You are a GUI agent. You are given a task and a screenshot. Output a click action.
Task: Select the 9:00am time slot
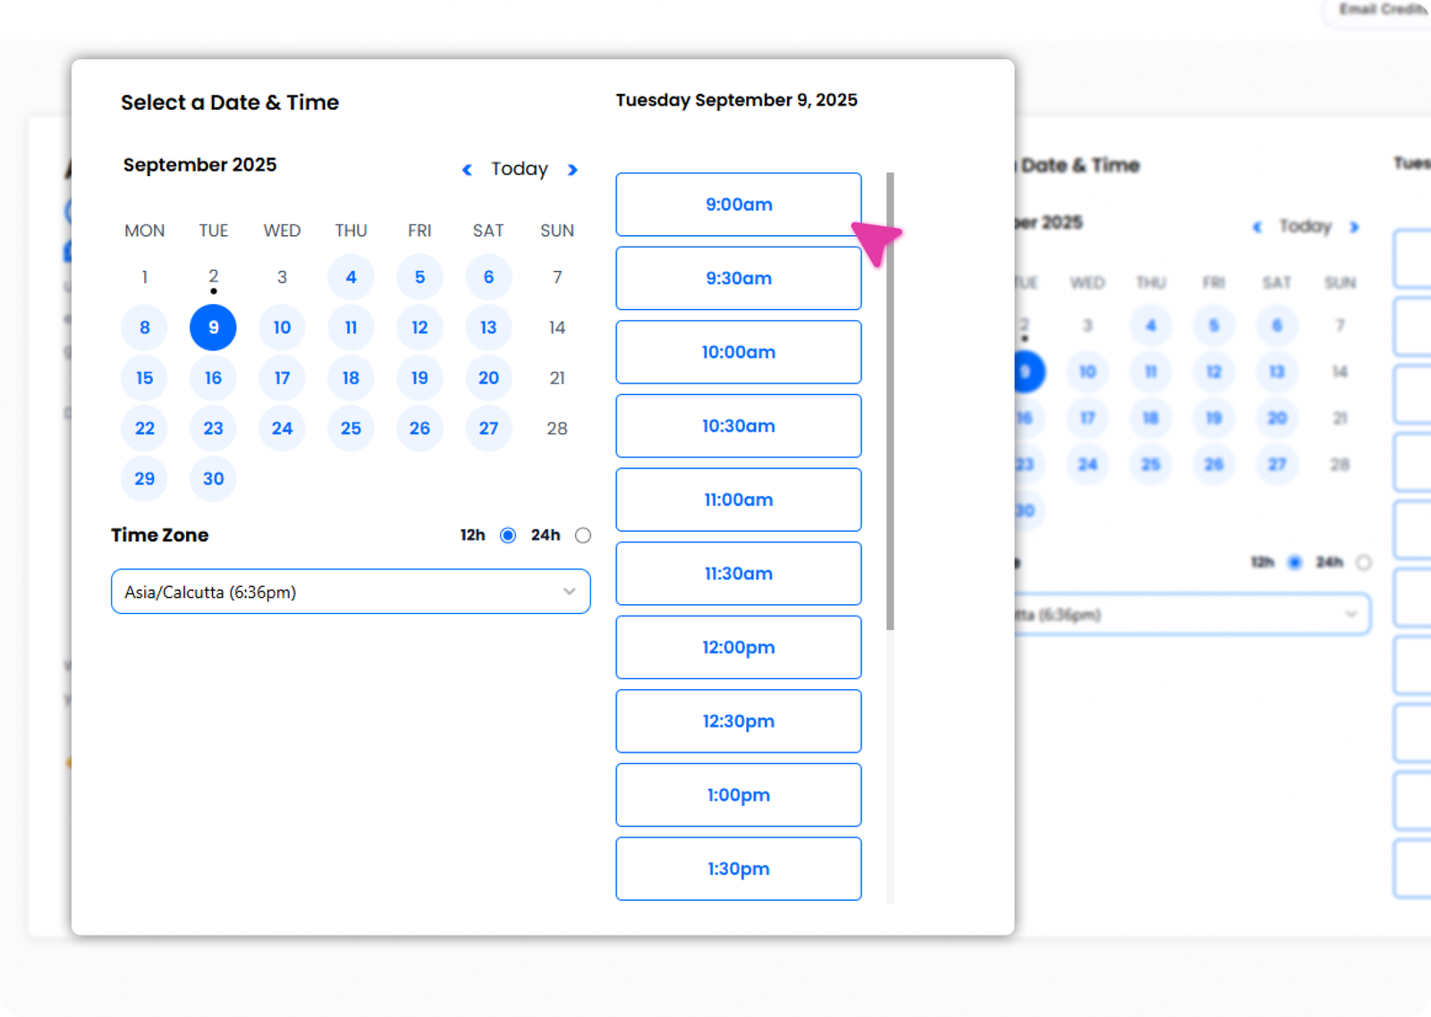(x=738, y=205)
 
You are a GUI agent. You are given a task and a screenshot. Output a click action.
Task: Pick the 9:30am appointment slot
(x=738, y=279)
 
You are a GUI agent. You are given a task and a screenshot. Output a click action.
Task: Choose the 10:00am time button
(x=738, y=352)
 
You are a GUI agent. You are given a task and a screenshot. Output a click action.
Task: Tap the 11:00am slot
(x=738, y=500)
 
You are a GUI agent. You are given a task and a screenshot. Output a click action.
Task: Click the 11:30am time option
(x=738, y=574)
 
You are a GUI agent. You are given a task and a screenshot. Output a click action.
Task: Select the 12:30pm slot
(x=738, y=721)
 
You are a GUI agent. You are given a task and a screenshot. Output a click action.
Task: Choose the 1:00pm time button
(x=738, y=795)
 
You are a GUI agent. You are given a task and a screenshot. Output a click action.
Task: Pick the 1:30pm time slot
(x=738, y=869)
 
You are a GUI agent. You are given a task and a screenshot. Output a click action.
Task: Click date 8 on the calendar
(x=145, y=328)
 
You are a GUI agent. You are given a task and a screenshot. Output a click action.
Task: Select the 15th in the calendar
(x=145, y=378)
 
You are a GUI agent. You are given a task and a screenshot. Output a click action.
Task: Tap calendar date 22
(x=145, y=429)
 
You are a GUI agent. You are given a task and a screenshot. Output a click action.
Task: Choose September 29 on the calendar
(x=145, y=479)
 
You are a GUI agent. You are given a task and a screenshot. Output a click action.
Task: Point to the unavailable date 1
(x=145, y=277)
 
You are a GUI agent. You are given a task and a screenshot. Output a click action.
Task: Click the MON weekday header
(x=145, y=231)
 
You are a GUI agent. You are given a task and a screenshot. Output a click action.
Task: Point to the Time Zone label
(x=160, y=535)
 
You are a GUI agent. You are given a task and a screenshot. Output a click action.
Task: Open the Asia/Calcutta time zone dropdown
(x=351, y=592)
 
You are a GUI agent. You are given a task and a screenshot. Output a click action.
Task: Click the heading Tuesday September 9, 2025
(x=736, y=100)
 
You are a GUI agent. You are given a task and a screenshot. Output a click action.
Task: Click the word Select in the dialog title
(x=153, y=103)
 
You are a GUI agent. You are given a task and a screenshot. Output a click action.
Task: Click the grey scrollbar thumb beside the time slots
(x=890, y=402)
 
